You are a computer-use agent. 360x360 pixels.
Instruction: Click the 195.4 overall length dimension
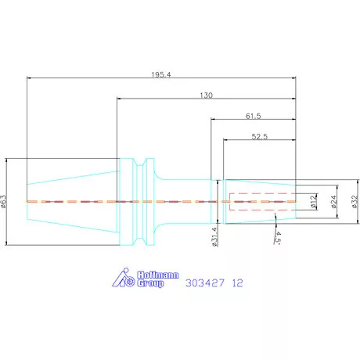coord(161,75)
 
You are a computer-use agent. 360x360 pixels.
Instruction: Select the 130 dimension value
coord(206,95)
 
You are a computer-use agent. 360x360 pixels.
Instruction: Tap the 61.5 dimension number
coord(254,116)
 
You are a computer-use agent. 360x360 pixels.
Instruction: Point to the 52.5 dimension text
coord(260,136)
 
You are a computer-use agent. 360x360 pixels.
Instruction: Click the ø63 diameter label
coord(3,201)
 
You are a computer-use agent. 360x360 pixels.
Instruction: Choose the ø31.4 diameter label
coord(214,236)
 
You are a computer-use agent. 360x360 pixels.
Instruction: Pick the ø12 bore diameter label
coord(314,202)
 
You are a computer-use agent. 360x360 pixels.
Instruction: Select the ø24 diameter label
coord(334,202)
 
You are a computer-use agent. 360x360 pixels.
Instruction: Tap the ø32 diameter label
coord(355,202)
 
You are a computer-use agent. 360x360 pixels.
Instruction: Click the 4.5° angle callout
coord(278,238)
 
